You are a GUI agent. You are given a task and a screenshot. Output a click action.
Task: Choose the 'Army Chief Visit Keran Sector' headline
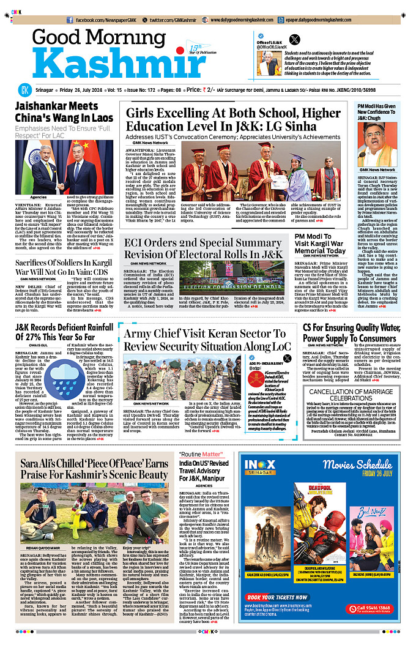point(207,340)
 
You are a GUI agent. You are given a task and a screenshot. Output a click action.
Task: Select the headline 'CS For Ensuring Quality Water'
point(350,332)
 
